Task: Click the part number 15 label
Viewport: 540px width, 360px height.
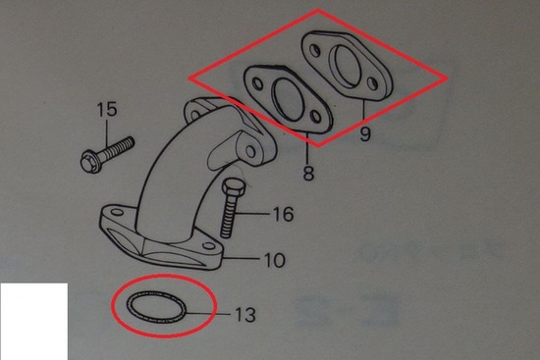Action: (x=107, y=109)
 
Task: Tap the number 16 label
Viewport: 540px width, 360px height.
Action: (x=283, y=214)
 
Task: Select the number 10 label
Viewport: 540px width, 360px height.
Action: (x=275, y=260)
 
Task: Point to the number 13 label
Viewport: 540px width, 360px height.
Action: (x=245, y=315)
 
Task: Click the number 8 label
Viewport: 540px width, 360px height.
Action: (x=308, y=173)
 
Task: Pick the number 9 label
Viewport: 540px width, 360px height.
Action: (x=365, y=133)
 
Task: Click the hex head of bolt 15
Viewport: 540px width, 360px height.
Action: (x=90, y=163)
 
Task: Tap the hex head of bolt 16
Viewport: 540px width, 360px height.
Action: (x=234, y=188)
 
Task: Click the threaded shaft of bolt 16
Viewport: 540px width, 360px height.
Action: (x=229, y=216)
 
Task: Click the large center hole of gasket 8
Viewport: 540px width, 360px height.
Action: (x=289, y=100)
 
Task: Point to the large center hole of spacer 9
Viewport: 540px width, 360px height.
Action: (x=347, y=67)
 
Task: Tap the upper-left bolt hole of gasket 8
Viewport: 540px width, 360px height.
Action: (x=257, y=83)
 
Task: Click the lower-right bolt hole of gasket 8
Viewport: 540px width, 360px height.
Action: (x=316, y=117)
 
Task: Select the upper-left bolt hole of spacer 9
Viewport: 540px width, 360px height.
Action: (x=315, y=51)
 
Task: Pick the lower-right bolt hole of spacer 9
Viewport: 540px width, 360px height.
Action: (x=372, y=83)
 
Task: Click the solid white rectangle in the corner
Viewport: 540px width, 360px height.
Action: (x=33, y=322)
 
